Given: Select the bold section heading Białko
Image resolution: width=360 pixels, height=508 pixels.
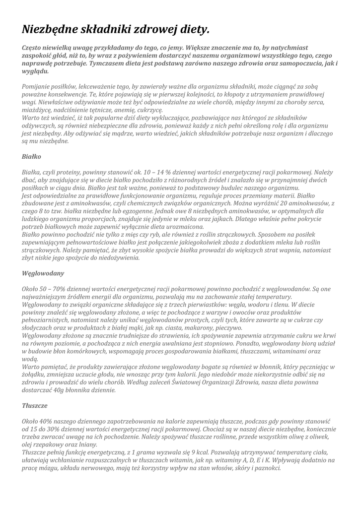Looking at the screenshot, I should click(x=31, y=156).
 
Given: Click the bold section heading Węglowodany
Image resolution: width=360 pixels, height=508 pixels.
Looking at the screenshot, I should click(x=43, y=273).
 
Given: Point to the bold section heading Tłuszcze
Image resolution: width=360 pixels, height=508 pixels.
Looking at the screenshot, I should click(x=35, y=405).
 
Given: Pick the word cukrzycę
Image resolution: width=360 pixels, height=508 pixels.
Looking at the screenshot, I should click(x=148, y=110).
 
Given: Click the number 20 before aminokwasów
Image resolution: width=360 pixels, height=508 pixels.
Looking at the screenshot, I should click(x=283, y=203).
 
